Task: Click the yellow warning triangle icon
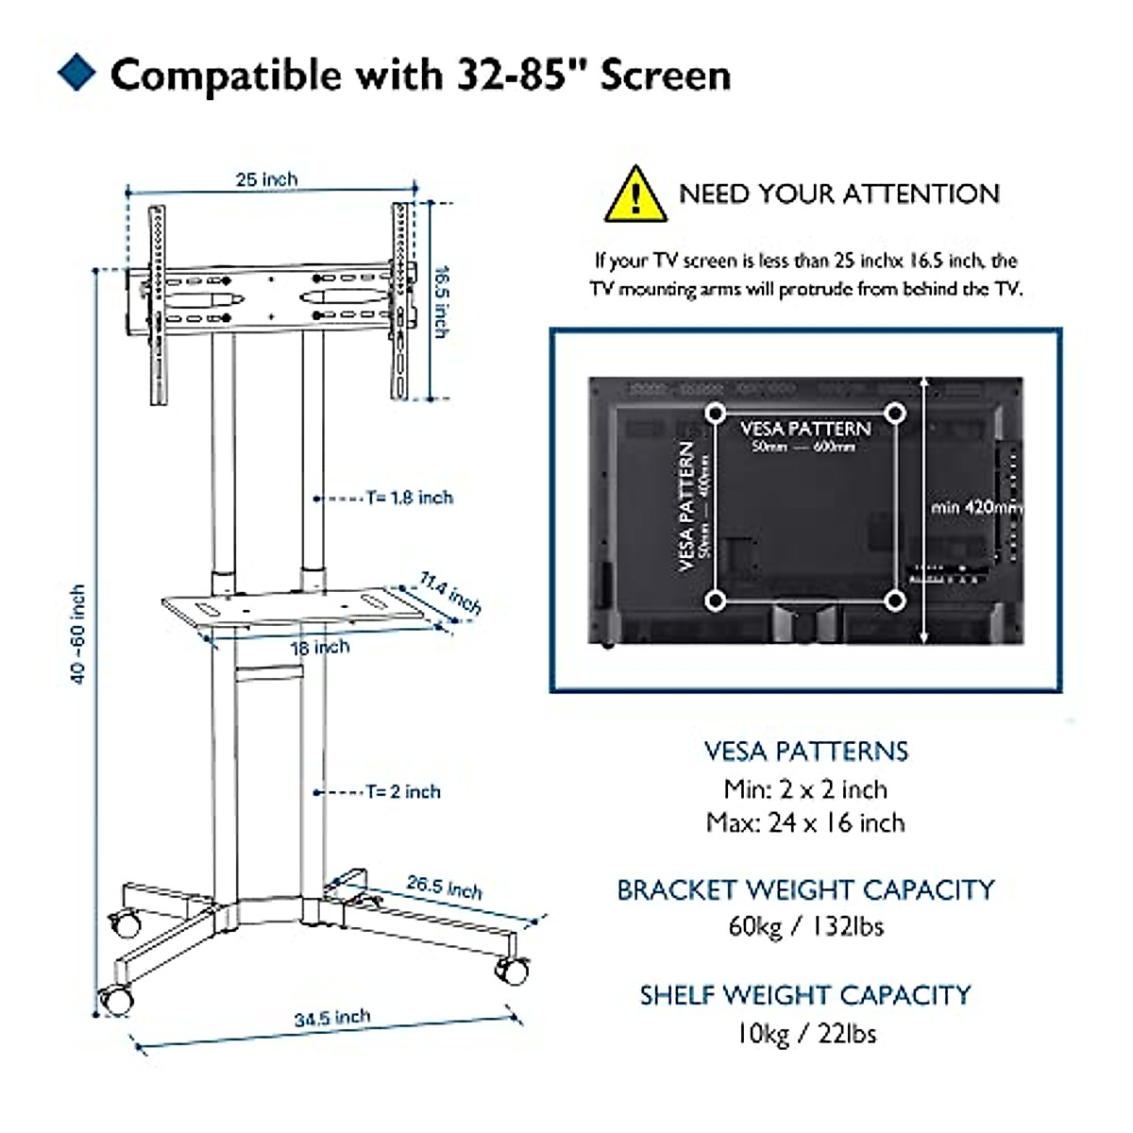pyautogui.click(x=635, y=195)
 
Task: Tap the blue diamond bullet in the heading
pyautogui.click(x=76, y=74)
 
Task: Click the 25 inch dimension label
pyautogui.click(x=266, y=179)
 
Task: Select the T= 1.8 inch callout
pyautogui.click(x=410, y=498)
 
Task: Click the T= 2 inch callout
pyautogui.click(x=403, y=791)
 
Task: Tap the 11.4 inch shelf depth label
pyautogui.click(x=450, y=594)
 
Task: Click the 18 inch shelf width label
pyautogui.click(x=320, y=648)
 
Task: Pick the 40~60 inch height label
pyautogui.click(x=78, y=634)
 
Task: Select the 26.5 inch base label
pyautogui.click(x=444, y=887)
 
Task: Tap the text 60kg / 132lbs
pyautogui.click(x=805, y=926)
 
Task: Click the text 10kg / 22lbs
pyautogui.click(x=805, y=1033)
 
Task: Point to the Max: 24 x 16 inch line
pyautogui.click(x=805, y=823)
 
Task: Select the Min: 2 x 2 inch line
pyautogui.click(x=805, y=789)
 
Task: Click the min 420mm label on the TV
pyautogui.click(x=975, y=507)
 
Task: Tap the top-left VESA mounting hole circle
pyautogui.click(x=716, y=414)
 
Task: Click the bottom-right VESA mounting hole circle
pyautogui.click(x=896, y=600)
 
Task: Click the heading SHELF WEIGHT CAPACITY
pyautogui.click(x=805, y=995)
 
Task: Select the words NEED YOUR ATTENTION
pyautogui.click(x=839, y=194)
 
